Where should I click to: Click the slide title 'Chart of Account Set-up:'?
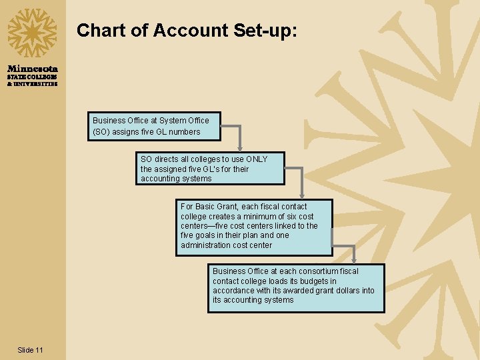187,30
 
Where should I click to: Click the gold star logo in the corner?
32,33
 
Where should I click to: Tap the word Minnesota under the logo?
33,69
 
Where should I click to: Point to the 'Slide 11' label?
31,350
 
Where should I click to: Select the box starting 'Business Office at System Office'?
156,126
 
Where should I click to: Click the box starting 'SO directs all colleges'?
210,169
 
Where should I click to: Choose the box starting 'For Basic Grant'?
254,226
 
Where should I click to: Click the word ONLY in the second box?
257,159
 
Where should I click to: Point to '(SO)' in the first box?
102,132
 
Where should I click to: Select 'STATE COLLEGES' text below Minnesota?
33,77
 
